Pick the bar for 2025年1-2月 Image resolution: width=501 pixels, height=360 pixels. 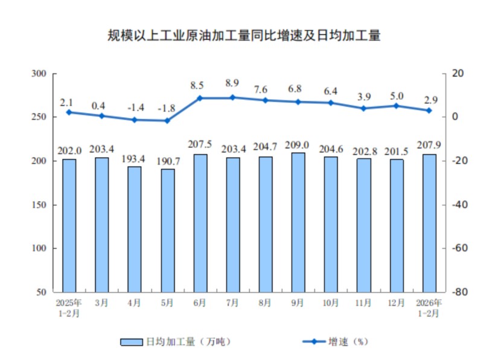point(69,225)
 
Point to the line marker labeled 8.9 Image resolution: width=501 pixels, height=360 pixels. point(233,97)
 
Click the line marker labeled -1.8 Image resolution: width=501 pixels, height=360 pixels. point(168,121)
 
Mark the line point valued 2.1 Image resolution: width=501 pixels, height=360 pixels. point(69,112)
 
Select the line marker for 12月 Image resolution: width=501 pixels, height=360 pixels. point(397,106)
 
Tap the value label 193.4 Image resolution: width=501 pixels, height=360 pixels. point(135,158)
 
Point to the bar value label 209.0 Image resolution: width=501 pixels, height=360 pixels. point(298,145)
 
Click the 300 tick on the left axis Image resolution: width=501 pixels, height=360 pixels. point(39,74)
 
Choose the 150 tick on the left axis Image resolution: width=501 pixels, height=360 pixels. point(39,205)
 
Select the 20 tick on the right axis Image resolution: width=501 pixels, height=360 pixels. point(459,74)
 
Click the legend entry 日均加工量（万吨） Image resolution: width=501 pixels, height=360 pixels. point(175,342)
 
